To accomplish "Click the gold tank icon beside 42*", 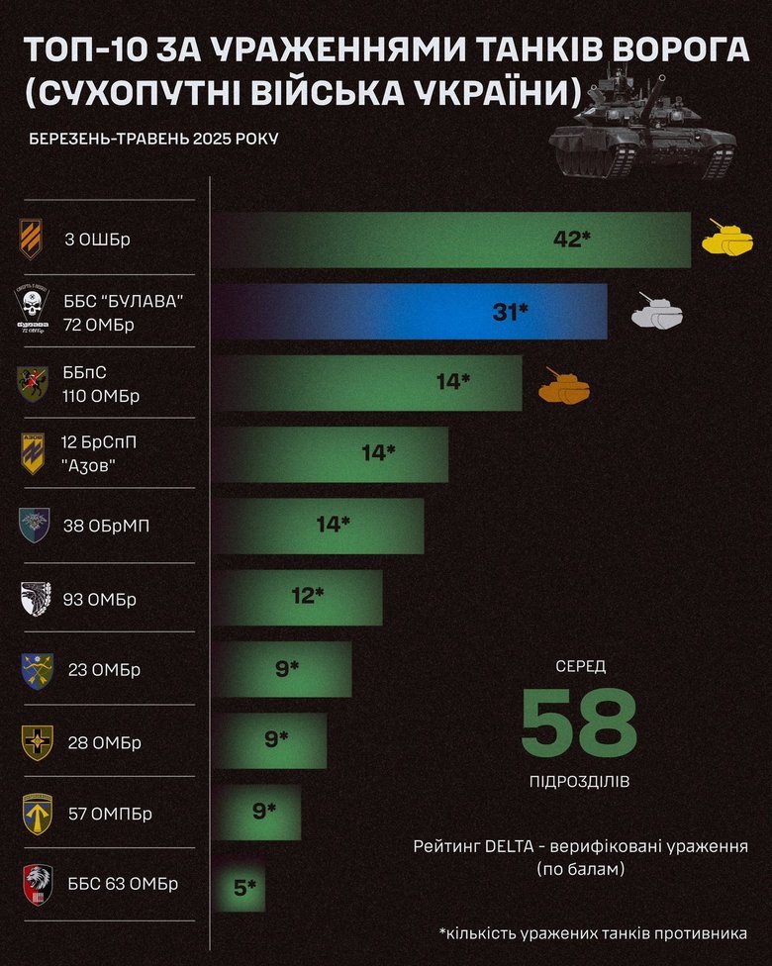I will tap(727, 239).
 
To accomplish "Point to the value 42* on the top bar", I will tap(571, 239).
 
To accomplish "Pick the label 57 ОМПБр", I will tap(111, 814).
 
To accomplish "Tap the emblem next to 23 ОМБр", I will tap(35, 670).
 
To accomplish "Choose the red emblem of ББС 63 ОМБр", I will tap(36, 885).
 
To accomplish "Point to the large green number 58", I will tap(579, 722).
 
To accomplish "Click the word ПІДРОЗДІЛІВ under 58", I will tap(579, 782).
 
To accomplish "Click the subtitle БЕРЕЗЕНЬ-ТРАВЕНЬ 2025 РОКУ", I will tap(153, 138).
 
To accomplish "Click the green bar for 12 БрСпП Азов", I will tap(332, 454).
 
